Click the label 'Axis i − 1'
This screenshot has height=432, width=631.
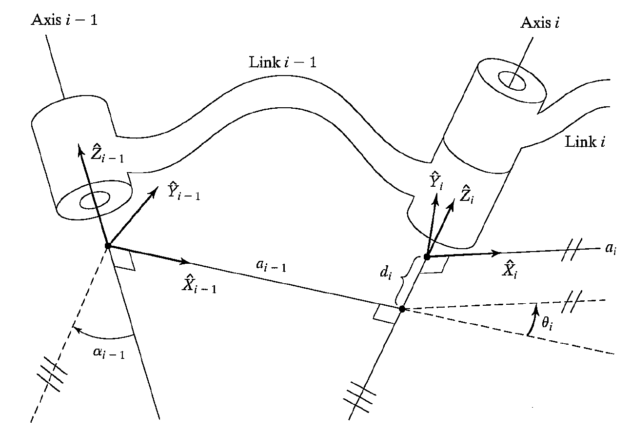click(64, 20)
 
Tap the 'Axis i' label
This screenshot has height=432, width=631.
click(540, 23)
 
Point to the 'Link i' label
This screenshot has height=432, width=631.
click(585, 142)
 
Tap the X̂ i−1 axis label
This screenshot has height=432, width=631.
click(198, 283)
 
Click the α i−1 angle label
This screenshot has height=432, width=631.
click(108, 353)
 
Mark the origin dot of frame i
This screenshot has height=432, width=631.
click(427, 256)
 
